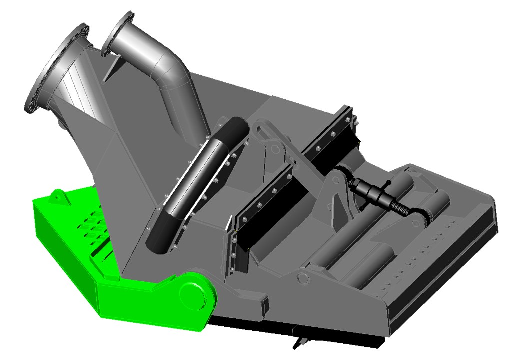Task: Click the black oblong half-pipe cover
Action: click(197, 182)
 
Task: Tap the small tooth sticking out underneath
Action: click(300, 342)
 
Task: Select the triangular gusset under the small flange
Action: click(112, 67)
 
